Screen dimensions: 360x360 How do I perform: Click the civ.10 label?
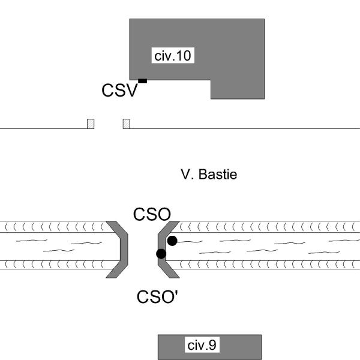pos(173,56)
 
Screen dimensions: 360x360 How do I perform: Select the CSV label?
pos(119,91)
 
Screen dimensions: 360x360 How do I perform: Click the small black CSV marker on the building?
pos(142,80)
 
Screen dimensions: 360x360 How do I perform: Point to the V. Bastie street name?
pos(209,175)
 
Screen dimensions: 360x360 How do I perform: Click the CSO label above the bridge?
pos(152,214)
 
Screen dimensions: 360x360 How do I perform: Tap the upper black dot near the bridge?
pos(172,241)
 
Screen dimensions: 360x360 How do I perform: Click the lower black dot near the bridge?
pos(161,254)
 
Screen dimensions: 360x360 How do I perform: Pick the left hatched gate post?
pos(91,124)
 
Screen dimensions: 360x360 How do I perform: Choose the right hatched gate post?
pos(126,124)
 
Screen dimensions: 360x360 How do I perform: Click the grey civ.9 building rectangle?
pos(240,347)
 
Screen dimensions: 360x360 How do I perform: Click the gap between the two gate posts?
pos(109,124)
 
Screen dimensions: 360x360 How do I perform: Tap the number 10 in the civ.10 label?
pos(184,56)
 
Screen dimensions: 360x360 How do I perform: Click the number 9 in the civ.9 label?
pos(211,345)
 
